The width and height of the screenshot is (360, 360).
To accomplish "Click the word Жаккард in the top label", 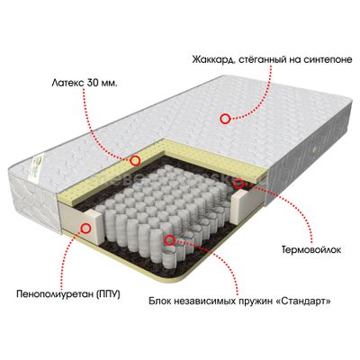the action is click(x=212, y=59).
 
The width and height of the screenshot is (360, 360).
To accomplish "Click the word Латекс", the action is click(x=67, y=83).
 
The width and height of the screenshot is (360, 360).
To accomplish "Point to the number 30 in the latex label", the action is click(x=93, y=83).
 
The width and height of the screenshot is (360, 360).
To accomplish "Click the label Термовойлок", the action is click(x=311, y=249).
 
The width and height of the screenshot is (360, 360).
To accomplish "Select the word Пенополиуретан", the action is click(x=56, y=293).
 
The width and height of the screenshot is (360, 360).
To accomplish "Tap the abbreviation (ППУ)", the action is click(x=108, y=294).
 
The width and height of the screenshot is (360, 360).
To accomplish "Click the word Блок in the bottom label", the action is click(x=161, y=301).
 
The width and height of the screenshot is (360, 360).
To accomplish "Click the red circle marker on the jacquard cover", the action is click(x=225, y=119).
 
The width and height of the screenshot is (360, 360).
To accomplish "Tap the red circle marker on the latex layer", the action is click(x=136, y=160).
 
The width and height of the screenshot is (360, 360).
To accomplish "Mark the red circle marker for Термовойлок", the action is click(x=239, y=184).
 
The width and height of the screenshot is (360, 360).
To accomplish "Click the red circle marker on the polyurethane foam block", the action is click(x=86, y=228).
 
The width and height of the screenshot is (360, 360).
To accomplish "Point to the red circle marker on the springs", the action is click(x=170, y=239).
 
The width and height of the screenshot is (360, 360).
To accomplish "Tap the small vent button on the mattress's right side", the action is click(x=315, y=149).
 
